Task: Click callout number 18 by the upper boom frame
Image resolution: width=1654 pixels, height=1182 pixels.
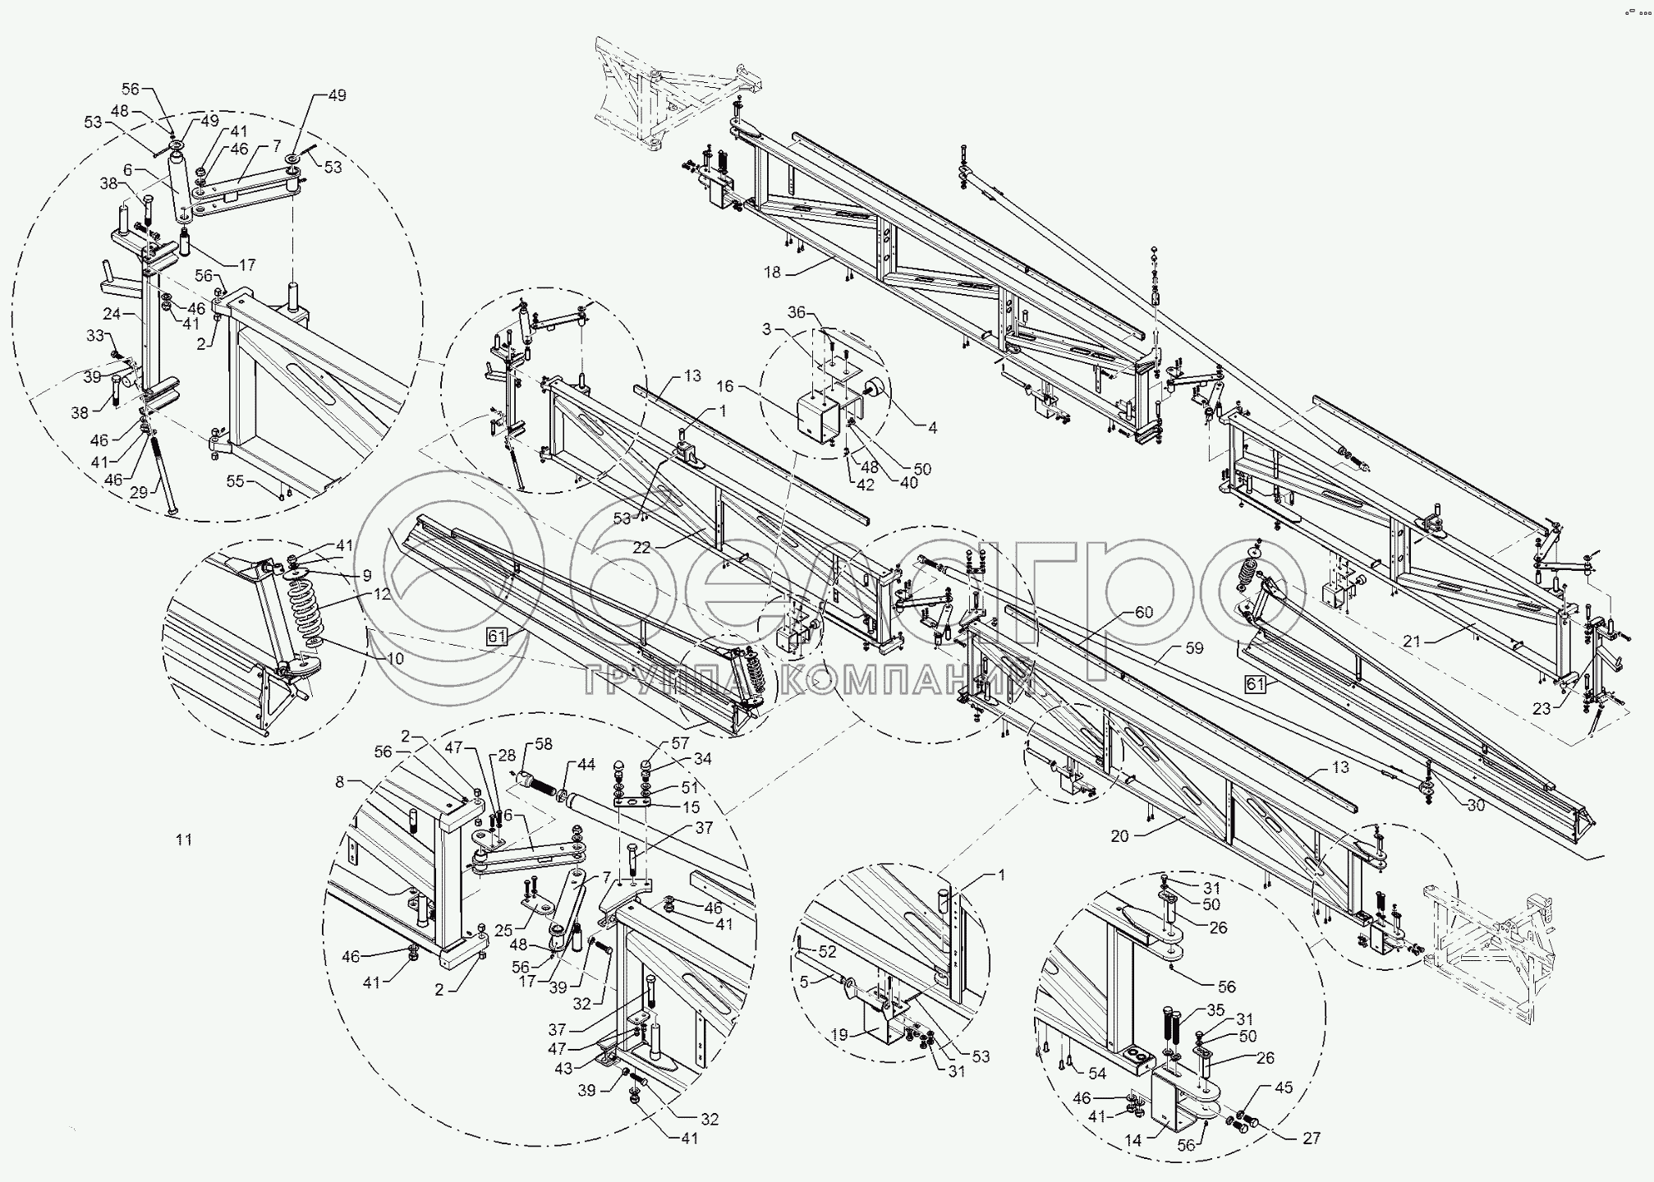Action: pos(771,274)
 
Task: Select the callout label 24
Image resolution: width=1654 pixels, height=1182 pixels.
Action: pos(113,313)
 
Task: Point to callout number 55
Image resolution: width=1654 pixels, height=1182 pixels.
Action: pos(236,481)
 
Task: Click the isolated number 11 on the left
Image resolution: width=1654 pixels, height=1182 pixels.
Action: pos(183,839)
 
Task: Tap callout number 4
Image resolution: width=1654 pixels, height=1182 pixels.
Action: pos(931,427)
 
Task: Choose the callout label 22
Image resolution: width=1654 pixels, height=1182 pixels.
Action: pos(641,548)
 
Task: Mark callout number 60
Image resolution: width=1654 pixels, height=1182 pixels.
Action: pos(1143,612)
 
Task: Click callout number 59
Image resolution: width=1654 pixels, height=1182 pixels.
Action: pos(1193,648)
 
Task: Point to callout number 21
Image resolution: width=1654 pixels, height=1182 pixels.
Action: pos(1411,642)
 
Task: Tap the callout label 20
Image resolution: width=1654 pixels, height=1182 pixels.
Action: pos(1119,836)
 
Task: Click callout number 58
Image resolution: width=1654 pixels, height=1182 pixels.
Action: pos(543,744)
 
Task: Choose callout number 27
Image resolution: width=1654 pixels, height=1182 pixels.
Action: pos(1311,1138)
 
